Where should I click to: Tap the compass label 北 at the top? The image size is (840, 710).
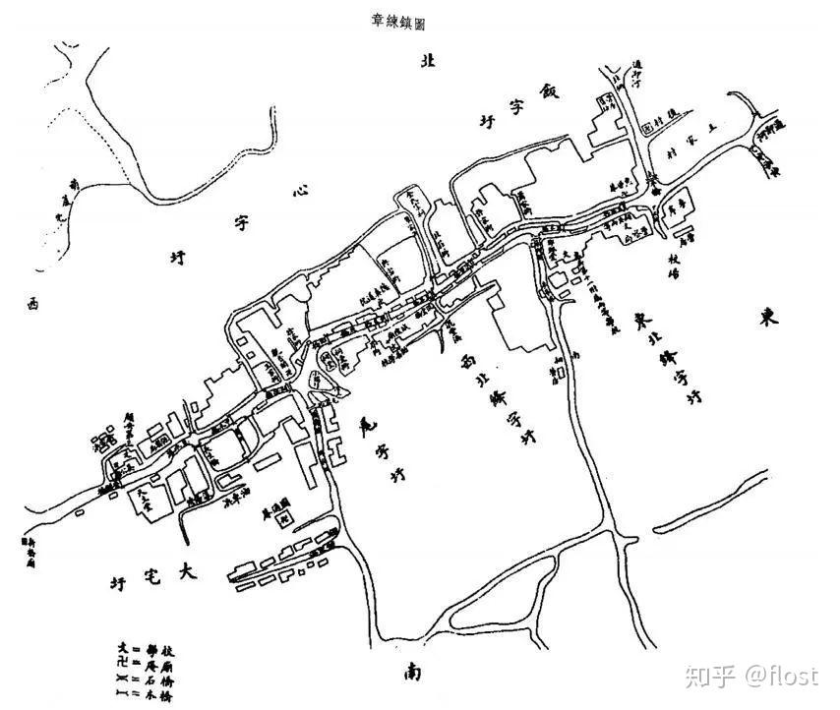[427, 62]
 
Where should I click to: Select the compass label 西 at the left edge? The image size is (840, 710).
[31, 305]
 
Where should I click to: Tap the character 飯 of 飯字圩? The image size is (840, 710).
[548, 92]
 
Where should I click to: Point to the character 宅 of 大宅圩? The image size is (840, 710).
[150, 576]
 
